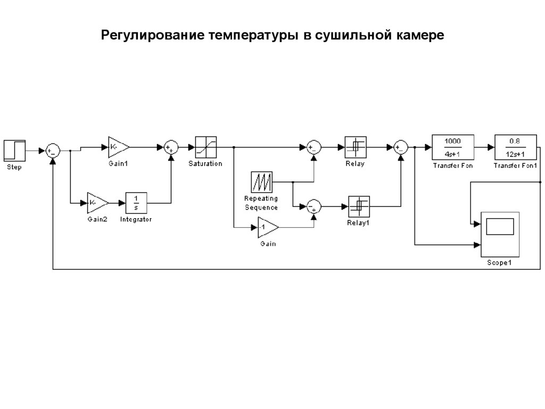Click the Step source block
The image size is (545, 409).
(14, 150)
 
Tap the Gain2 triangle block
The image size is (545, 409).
(97, 203)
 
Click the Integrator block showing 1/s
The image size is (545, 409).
(136, 203)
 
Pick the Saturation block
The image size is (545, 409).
(205, 147)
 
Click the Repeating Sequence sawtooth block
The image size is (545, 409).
(261, 182)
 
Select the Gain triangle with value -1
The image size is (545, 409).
(268, 228)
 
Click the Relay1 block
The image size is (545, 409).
(358, 205)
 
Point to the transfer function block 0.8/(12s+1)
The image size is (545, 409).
(514, 147)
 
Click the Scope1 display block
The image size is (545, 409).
(499, 234)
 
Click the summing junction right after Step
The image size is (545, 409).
(52, 151)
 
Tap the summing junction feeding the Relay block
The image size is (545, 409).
(314, 147)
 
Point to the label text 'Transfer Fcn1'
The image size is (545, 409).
(515, 165)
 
